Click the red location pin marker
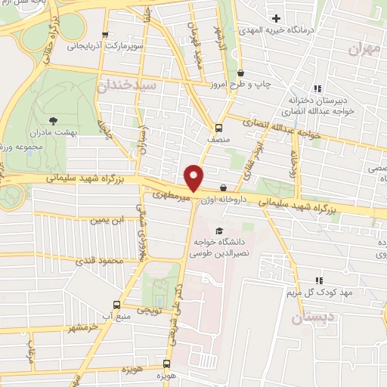tap(194, 176)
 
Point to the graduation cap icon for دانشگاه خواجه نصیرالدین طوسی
tap(218, 231)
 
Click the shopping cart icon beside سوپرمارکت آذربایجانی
tap(106, 35)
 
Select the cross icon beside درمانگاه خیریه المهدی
tap(276, 17)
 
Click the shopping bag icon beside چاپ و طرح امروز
tap(240, 73)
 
